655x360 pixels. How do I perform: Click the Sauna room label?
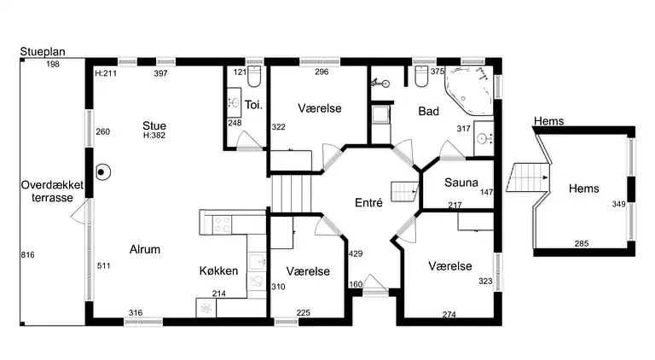(x=461, y=183)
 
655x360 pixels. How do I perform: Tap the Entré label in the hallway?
(x=368, y=203)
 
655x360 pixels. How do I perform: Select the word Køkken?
(x=218, y=271)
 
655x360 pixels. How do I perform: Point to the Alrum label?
(x=145, y=249)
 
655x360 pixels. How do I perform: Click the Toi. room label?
(x=253, y=105)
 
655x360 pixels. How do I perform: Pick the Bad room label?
(x=429, y=111)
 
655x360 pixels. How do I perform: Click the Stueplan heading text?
(x=43, y=52)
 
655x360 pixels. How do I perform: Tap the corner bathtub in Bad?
(x=469, y=90)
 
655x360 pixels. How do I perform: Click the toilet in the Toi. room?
(x=254, y=76)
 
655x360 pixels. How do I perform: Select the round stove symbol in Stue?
(x=102, y=172)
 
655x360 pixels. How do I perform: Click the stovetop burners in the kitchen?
(x=222, y=224)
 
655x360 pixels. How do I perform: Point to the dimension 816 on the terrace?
(x=27, y=255)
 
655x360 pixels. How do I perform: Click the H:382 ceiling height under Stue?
(x=154, y=136)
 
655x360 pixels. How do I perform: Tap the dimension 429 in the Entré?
(x=356, y=253)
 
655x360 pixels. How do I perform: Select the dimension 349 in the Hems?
(x=618, y=204)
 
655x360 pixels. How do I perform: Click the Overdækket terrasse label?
(x=52, y=191)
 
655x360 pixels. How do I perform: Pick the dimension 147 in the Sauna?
(x=487, y=192)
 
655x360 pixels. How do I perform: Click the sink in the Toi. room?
(x=235, y=102)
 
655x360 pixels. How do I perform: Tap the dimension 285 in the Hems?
(x=582, y=243)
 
